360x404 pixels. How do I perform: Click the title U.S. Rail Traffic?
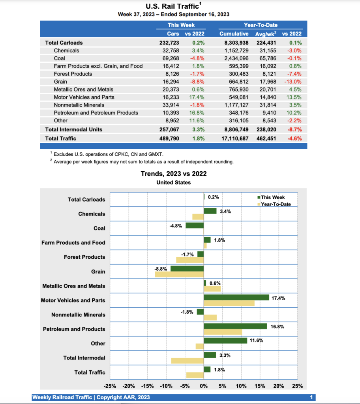click(x=172, y=6)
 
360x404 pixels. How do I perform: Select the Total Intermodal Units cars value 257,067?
click(x=169, y=129)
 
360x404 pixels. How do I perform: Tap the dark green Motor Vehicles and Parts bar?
click(x=236, y=297)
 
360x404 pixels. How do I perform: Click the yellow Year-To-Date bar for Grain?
click(x=179, y=274)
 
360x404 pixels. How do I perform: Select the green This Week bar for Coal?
click(x=194, y=225)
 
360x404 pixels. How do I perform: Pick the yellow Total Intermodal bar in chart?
click(x=187, y=361)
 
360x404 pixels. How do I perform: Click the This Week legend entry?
click(x=273, y=198)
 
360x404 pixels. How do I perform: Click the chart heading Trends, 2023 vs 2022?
click(x=174, y=174)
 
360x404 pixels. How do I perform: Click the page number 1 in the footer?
click(x=311, y=397)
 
